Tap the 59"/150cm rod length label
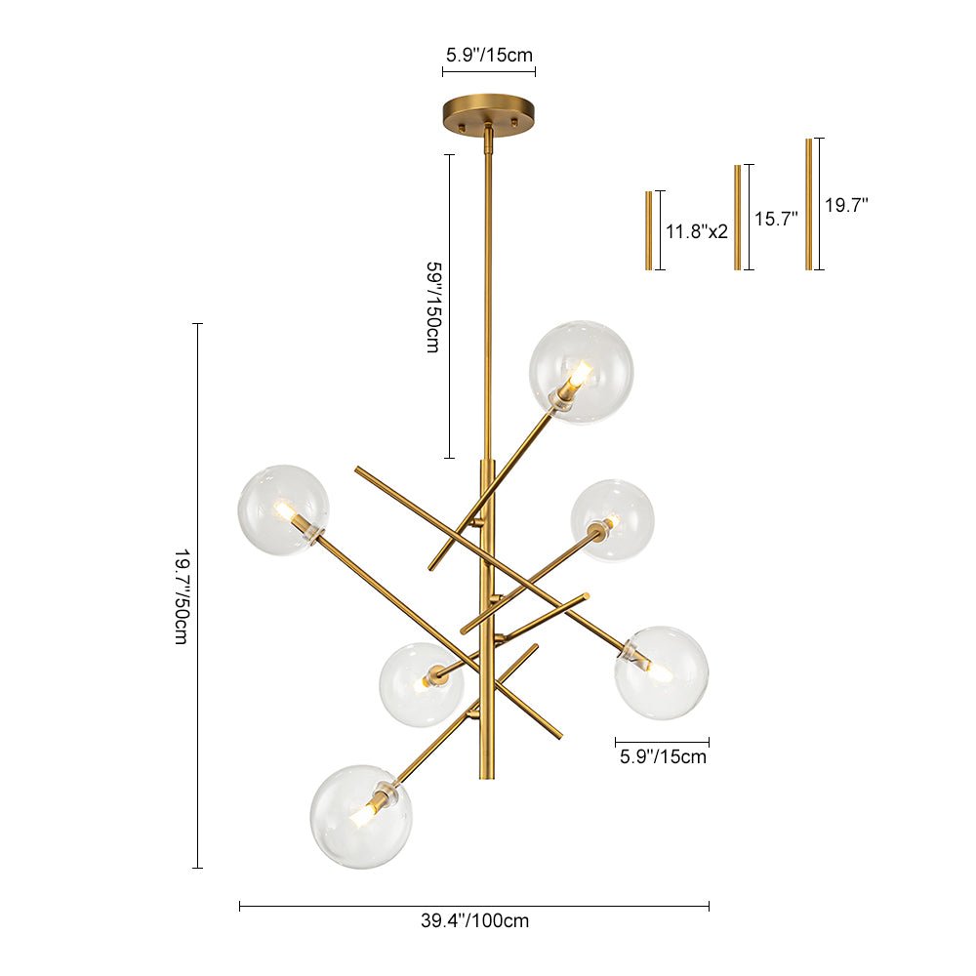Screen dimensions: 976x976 pyautogui.click(x=432, y=305)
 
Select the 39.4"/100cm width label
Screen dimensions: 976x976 pyautogui.click(x=474, y=920)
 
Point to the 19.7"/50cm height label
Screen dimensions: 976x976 pyautogui.click(x=181, y=595)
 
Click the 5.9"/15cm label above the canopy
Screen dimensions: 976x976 pyautogui.click(x=489, y=55)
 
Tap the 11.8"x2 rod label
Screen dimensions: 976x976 pyautogui.click(x=697, y=232)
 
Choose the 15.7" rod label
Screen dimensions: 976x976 pyautogui.click(x=776, y=220)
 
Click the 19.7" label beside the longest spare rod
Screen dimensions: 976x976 pyautogui.click(x=846, y=206)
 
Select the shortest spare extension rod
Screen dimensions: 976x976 pyautogui.click(x=648, y=230)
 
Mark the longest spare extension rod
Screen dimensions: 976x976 pyautogui.click(x=808, y=204)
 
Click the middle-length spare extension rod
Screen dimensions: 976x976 pyautogui.click(x=738, y=217)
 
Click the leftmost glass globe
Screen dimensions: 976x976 pyautogui.click(x=283, y=510)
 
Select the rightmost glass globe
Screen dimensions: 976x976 pyautogui.click(x=662, y=673)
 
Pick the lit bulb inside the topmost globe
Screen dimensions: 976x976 pyautogui.click(x=579, y=374)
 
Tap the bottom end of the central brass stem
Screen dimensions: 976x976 pyautogui.click(x=486, y=773)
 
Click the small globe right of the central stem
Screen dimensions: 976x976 pyautogui.click(x=613, y=520)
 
